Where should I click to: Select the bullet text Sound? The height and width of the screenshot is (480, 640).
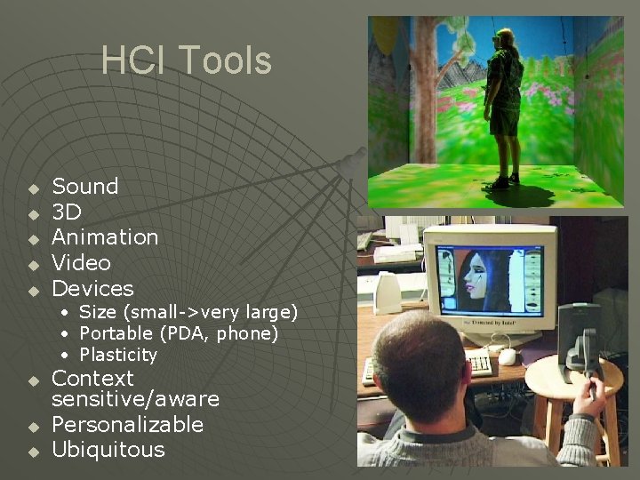(x=85, y=187)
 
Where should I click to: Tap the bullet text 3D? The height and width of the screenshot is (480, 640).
(x=67, y=212)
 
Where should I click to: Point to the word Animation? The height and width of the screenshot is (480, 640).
(x=105, y=237)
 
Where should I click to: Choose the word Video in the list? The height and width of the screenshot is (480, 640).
(x=81, y=263)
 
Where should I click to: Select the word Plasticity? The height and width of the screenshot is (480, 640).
(x=118, y=355)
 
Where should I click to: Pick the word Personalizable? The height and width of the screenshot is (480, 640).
(x=128, y=425)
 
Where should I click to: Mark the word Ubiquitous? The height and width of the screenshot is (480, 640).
(x=108, y=450)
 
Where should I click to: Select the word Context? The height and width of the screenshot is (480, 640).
(x=92, y=379)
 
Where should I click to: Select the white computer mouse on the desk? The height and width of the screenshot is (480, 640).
(x=508, y=356)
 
